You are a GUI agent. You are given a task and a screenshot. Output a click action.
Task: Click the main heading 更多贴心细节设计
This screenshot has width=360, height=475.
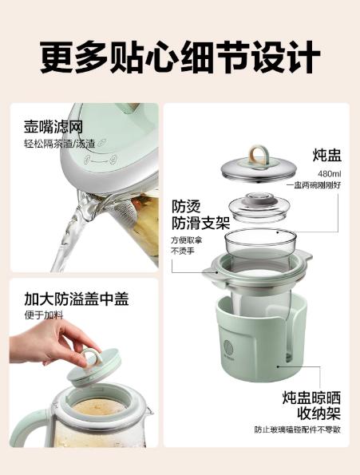pyautogui.click(x=180, y=57)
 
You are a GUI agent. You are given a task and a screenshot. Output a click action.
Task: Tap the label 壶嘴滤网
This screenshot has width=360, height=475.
pyautogui.click(x=53, y=126)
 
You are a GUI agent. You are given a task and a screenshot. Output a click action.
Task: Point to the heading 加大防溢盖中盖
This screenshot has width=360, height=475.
pyautogui.click(x=77, y=299)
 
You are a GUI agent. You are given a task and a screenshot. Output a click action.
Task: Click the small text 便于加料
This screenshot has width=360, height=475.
pyautogui.click(x=44, y=315)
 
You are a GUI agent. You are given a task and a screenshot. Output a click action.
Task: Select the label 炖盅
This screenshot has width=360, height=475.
pyautogui.click(x=327, y=155)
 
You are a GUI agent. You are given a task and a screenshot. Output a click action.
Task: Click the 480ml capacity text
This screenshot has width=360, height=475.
pyautogui.click(x=330, y=174)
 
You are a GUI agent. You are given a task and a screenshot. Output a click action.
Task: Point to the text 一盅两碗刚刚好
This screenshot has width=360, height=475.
pyautogui.click(x=314, y=185)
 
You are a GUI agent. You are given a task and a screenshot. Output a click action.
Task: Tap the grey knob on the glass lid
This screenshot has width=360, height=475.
pyautogui.click(x=259, y=198)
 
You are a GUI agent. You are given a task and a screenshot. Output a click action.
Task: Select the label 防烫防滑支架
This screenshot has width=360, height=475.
pyautogui.click(x=200, y=215)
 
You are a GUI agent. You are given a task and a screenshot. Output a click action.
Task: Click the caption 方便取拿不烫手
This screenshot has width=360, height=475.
pyautogui.click(x=186, y=246)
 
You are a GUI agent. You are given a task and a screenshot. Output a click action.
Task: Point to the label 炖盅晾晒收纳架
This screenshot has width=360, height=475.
pyautogui.click(x=312, y=406)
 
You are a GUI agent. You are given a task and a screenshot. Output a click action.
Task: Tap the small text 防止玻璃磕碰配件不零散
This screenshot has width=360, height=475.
pyautogui.click(x=298, y=429)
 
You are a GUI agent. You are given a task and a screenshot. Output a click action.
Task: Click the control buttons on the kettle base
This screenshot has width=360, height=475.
pyautogui.click(x=101, y=160)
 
